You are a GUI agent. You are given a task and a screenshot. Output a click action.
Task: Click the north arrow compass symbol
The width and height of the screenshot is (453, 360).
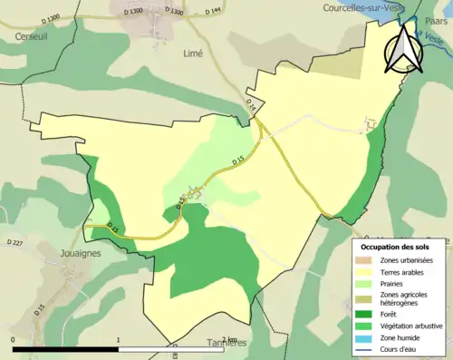coord(402,49)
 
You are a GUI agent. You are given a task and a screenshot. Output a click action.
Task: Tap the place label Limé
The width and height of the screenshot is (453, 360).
coord(193,54)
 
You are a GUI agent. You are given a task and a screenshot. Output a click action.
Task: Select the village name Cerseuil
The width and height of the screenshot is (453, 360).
coord(30,36)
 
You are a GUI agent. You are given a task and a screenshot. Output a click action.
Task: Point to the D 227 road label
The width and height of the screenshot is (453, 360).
coord(14,243)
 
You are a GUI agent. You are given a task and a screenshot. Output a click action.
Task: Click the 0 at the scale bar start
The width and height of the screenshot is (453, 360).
coord(13,340)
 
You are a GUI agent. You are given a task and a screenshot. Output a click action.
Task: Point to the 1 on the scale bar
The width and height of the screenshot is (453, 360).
coord(119,340)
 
